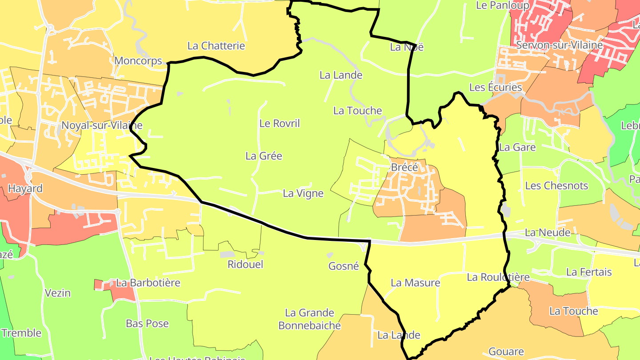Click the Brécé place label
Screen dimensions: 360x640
(404, 168)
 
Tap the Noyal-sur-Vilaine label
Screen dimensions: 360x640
(102, 125)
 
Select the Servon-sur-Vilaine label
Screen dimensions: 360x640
(560, 45)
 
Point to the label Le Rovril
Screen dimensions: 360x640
(280, 123)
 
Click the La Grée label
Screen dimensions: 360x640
(264, 156)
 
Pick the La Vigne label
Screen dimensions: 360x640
(303, 193)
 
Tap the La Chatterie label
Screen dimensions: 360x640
(216, 45)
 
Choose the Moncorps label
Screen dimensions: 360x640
(138, 61)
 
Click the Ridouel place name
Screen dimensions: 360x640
(245, 264)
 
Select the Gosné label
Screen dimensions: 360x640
(343, 266)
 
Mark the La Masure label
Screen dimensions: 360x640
(415, 283)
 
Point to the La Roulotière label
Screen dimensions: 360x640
(498, 277)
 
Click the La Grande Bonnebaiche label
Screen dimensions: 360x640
(309, 319)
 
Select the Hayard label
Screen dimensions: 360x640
(25, 188)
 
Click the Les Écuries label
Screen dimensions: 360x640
(496, 87)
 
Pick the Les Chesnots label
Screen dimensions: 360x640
(556, 186)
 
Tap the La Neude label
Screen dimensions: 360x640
(548, 232)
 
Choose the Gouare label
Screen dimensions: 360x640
(507, 352)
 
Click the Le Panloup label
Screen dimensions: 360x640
(503, 5)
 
